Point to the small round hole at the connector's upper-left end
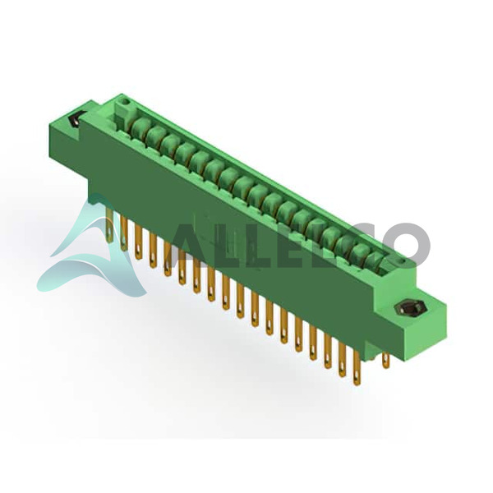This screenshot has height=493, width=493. tap(125, 102)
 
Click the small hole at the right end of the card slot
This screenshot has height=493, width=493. tap(400, 261)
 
